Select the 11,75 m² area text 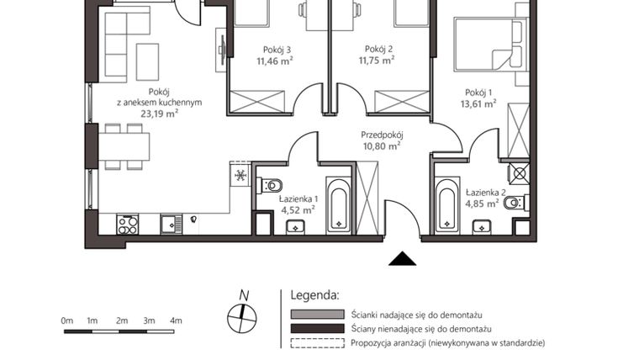click(377, 61)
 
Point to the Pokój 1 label click(478, 93)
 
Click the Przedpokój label click(383, 135)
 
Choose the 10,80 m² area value click(383, 146)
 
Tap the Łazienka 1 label click(297, 199)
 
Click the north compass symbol click(243, 315)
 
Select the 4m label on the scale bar click(176, 320)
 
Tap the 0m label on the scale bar click(67, 320)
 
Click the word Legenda click(314, 295)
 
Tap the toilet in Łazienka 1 click(273, 186)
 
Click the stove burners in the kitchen click(128, 224)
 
